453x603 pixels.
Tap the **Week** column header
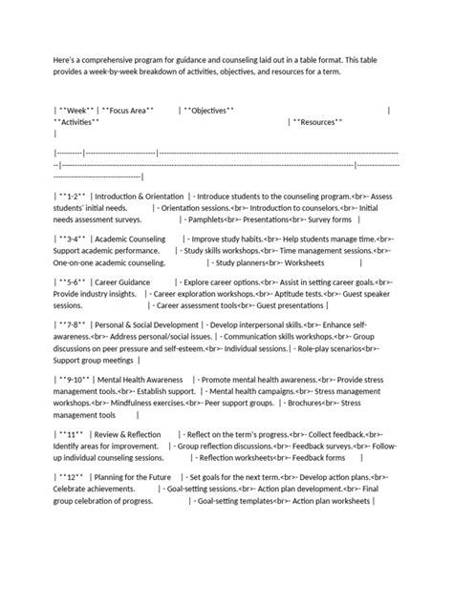[x=75, y=111]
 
